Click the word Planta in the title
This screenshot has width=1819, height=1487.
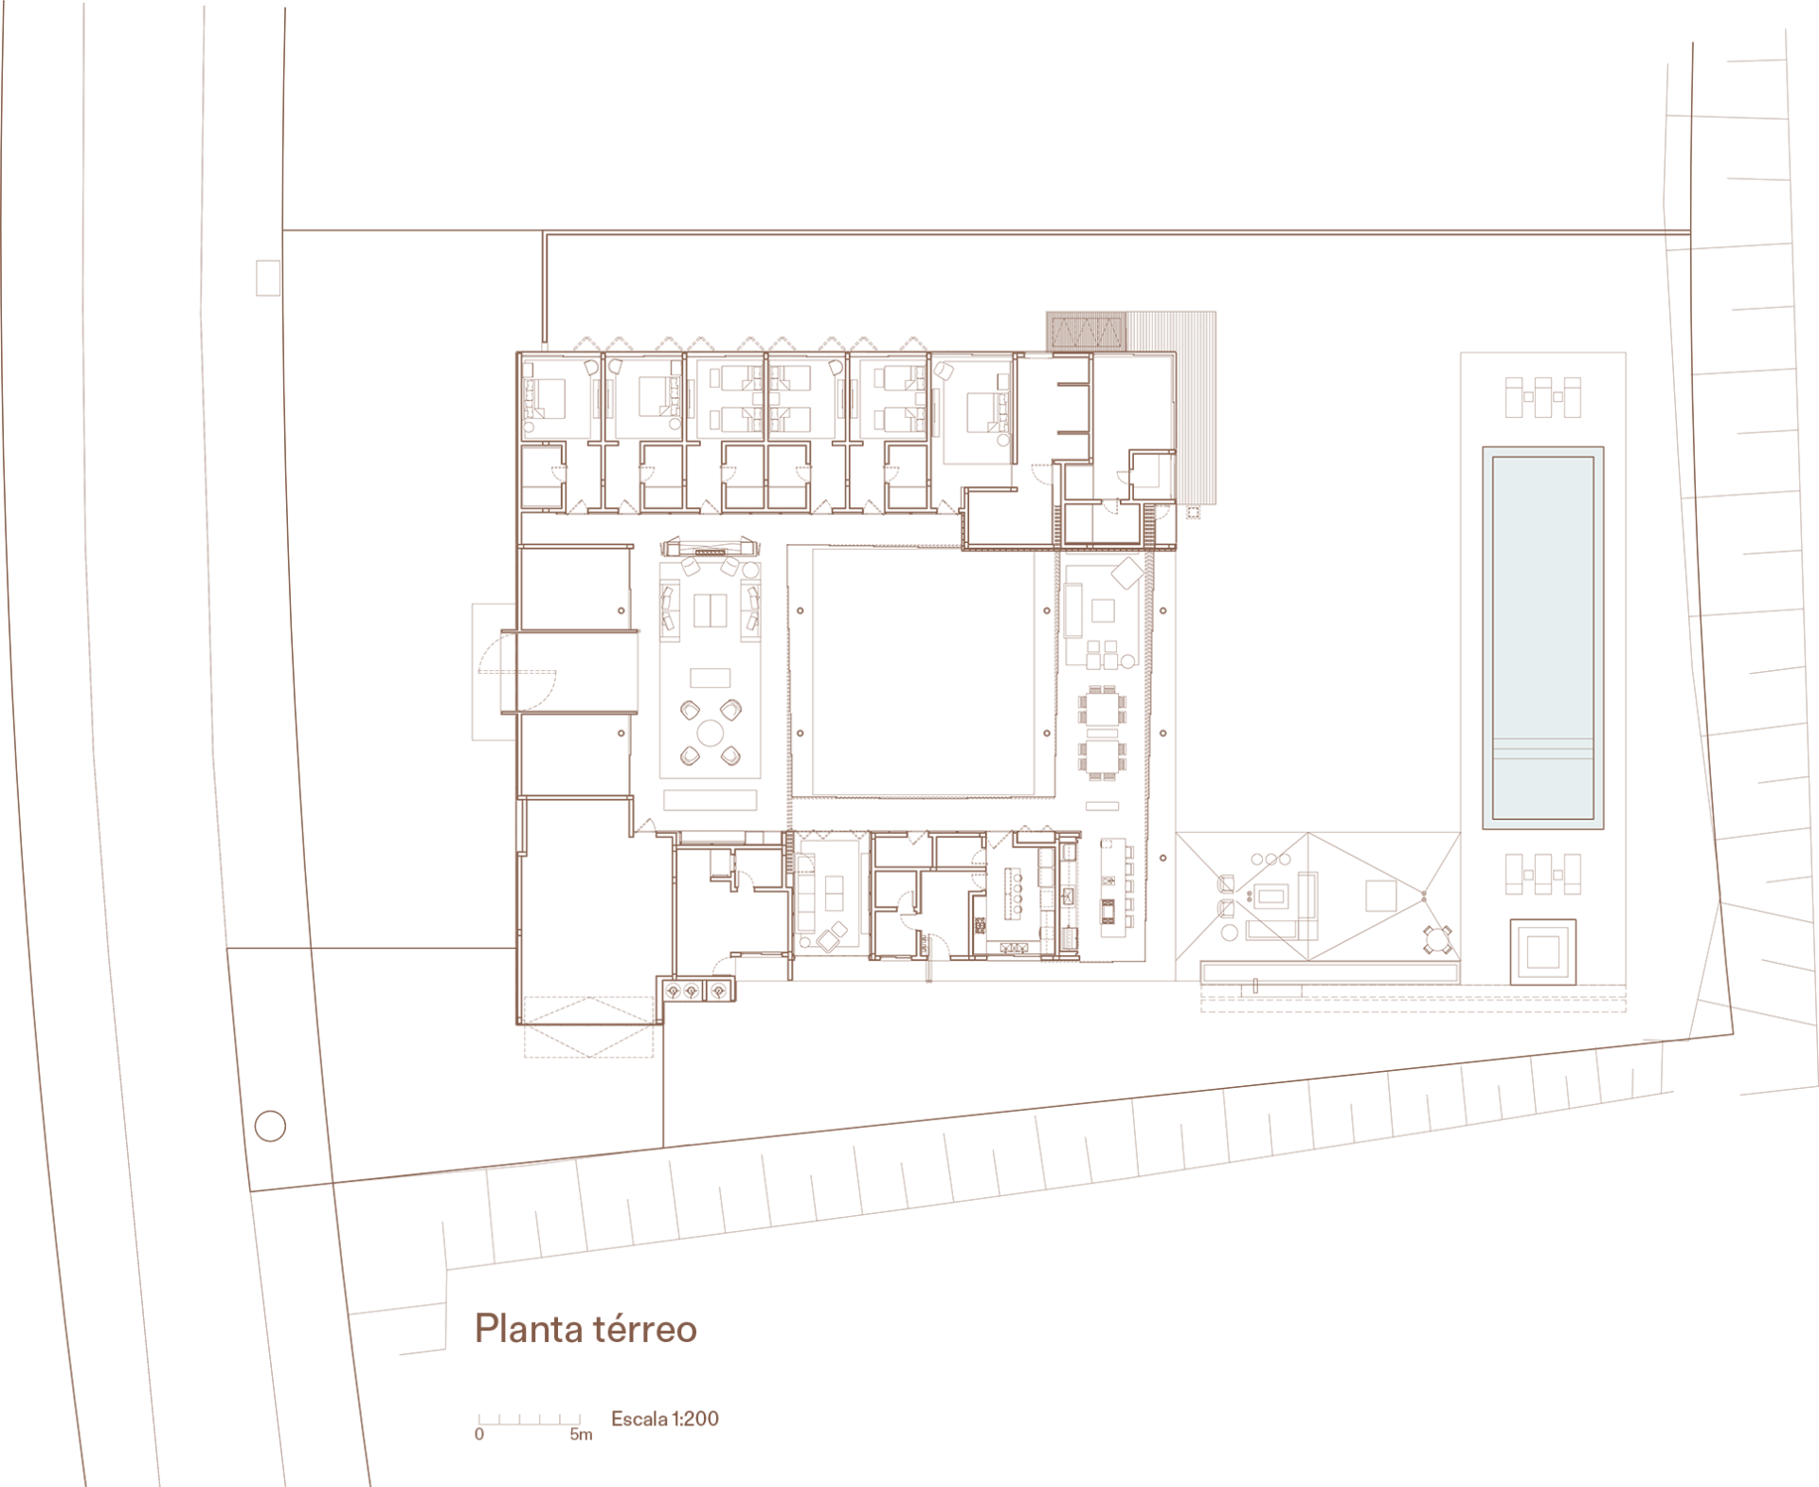click(529, 1329)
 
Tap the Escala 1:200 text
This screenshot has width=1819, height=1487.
click(665, 1419)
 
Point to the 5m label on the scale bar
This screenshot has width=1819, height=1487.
click(581, 1435)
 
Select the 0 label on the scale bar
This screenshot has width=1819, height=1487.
click(479, 1435)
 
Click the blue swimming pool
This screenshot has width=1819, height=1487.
click(1543, 638)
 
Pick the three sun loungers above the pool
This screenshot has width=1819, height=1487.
click(1543, 397)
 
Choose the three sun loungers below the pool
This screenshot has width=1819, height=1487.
click(1543, 874)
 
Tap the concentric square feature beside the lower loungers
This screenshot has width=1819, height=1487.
click(1543, 952)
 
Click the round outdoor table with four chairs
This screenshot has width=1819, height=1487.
click(1438, 940)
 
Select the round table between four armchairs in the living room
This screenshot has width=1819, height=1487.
click(711, 733)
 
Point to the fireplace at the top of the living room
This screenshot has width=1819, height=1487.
click(711, 548)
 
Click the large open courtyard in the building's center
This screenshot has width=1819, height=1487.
click(923, 671)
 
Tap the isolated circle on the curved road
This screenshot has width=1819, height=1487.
click(271, 1126)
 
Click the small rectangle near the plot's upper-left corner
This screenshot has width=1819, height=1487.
click(268, 279)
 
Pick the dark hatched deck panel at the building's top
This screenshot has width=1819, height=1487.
click(1087, 332)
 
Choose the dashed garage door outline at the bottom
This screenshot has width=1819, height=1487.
click(588, 1026)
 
